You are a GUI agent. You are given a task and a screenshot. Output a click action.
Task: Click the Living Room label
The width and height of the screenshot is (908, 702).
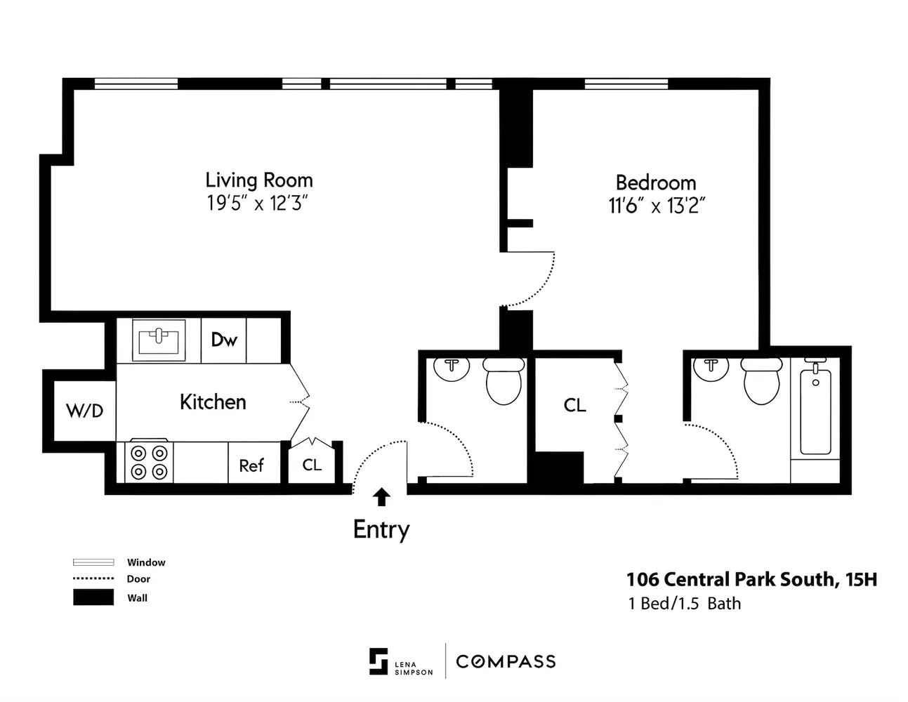259,181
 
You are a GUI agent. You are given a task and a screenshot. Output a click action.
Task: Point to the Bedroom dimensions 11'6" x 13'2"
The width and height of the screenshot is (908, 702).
657,206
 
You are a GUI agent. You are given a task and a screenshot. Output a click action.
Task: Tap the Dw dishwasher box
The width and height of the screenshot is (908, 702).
223,340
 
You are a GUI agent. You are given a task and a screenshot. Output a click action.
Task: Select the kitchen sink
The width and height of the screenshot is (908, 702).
159,340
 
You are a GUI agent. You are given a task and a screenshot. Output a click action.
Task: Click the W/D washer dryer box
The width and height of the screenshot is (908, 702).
85,411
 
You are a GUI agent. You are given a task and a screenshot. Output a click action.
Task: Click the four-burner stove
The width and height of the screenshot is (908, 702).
149,462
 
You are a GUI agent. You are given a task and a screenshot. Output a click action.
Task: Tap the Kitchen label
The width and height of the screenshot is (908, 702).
213,402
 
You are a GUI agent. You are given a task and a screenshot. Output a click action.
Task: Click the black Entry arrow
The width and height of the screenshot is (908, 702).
381,498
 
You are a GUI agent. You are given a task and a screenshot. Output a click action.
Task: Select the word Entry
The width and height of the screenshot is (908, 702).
381,530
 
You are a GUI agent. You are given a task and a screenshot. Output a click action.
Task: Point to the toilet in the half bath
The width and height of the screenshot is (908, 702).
504,381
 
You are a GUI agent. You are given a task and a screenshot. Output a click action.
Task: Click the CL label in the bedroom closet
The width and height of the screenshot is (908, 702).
574,406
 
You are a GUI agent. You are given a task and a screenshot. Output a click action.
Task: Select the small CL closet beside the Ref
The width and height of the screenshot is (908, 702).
312,462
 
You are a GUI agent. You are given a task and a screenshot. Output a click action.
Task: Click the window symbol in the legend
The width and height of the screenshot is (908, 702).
93,562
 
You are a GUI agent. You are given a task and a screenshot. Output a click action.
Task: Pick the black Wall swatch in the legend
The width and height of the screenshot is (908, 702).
93,597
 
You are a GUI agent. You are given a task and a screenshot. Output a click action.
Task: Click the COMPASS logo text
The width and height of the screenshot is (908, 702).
506,662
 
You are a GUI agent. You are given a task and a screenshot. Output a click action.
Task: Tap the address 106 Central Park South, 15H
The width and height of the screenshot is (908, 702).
751,580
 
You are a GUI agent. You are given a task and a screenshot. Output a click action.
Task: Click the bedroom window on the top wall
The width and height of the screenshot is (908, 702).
626,84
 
